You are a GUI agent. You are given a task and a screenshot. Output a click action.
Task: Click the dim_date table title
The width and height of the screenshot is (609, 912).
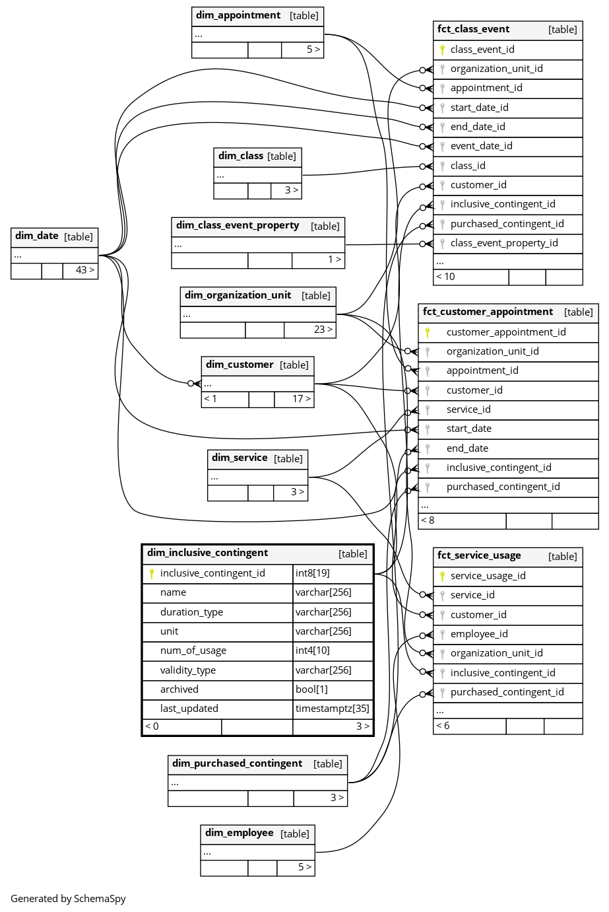(37, 236)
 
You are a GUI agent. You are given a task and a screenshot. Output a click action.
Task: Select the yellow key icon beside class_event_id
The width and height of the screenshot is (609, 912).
(442, 50)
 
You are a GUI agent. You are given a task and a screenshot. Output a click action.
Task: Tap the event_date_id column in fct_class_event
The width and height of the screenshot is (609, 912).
(481, 146)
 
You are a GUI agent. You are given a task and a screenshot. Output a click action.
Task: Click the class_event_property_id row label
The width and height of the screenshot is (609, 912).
(503, 243)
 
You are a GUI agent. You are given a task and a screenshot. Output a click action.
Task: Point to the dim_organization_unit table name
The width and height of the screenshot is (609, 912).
(238, 295)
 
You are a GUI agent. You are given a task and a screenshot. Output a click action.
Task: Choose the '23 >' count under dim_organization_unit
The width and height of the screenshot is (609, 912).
(323, 330)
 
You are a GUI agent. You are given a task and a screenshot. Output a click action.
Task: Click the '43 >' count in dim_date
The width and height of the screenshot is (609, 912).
(84, 270)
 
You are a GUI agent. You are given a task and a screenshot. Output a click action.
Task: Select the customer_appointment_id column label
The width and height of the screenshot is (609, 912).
(505, 332)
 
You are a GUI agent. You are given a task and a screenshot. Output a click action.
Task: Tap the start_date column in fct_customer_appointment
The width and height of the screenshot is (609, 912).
(468, 429)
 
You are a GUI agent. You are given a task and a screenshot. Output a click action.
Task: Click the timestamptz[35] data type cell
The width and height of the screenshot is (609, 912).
(333, 709)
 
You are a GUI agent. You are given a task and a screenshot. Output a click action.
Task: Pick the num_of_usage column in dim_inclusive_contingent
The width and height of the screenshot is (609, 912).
(193, 650)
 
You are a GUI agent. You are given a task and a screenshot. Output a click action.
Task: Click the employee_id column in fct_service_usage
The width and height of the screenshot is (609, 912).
(479, 634)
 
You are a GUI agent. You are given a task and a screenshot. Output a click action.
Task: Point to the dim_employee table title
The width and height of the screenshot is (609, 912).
(239, 833)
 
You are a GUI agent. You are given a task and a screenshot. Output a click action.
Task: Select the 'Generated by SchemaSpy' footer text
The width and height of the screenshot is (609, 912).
(68, 898)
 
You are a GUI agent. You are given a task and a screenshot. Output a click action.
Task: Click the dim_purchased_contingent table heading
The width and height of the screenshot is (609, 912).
(237, 763)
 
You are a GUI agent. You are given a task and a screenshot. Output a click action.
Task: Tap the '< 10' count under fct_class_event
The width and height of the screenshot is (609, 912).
(445, 277)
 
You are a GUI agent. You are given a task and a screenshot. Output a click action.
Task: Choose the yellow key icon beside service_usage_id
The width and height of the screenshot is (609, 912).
(442, 576)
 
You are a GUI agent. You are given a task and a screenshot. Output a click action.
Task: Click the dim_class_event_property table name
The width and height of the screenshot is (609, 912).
(238, 225)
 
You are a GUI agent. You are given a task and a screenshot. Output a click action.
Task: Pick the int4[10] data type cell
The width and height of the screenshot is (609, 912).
(312, 650)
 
